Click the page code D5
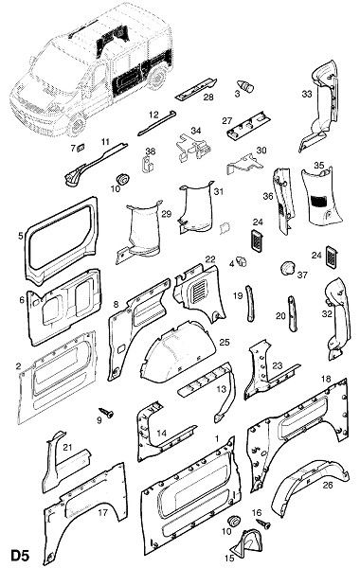click(20, 556)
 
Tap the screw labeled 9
click(106, 412)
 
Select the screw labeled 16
click(263, 523)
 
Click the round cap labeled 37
click(288, 268)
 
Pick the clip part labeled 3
click(246, 86)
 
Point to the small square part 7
click(81, 147)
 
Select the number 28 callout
click(208, 97)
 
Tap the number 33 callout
click(307, 94)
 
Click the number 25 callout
click(225, 342)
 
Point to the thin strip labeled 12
click(157, 123)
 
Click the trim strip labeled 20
click(292, 313)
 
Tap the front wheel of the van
click(76, 125)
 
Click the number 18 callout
click(326, 379)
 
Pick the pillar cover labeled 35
click(321, 196)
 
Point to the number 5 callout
click(20, 236)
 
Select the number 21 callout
click(67, 447)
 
